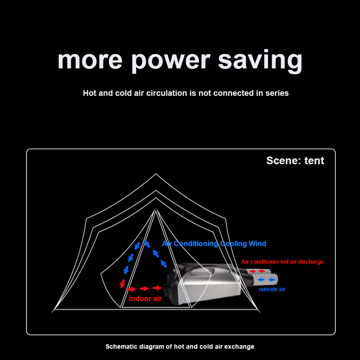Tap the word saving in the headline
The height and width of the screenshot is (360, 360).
(260, 61)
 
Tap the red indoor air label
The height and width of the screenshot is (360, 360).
(145, 298)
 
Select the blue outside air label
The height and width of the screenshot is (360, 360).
(272, 289)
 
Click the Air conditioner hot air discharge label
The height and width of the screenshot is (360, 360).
(282, 261)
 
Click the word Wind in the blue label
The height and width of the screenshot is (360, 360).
(256, 244)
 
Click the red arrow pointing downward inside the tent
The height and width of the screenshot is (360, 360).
(122, 283)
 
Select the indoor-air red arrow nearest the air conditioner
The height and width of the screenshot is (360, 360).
(157, 288)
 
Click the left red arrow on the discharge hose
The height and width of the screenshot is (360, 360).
(253, 271)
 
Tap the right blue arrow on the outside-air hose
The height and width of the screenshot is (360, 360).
(271, 280)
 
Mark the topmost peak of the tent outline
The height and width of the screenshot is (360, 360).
(156, 174)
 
